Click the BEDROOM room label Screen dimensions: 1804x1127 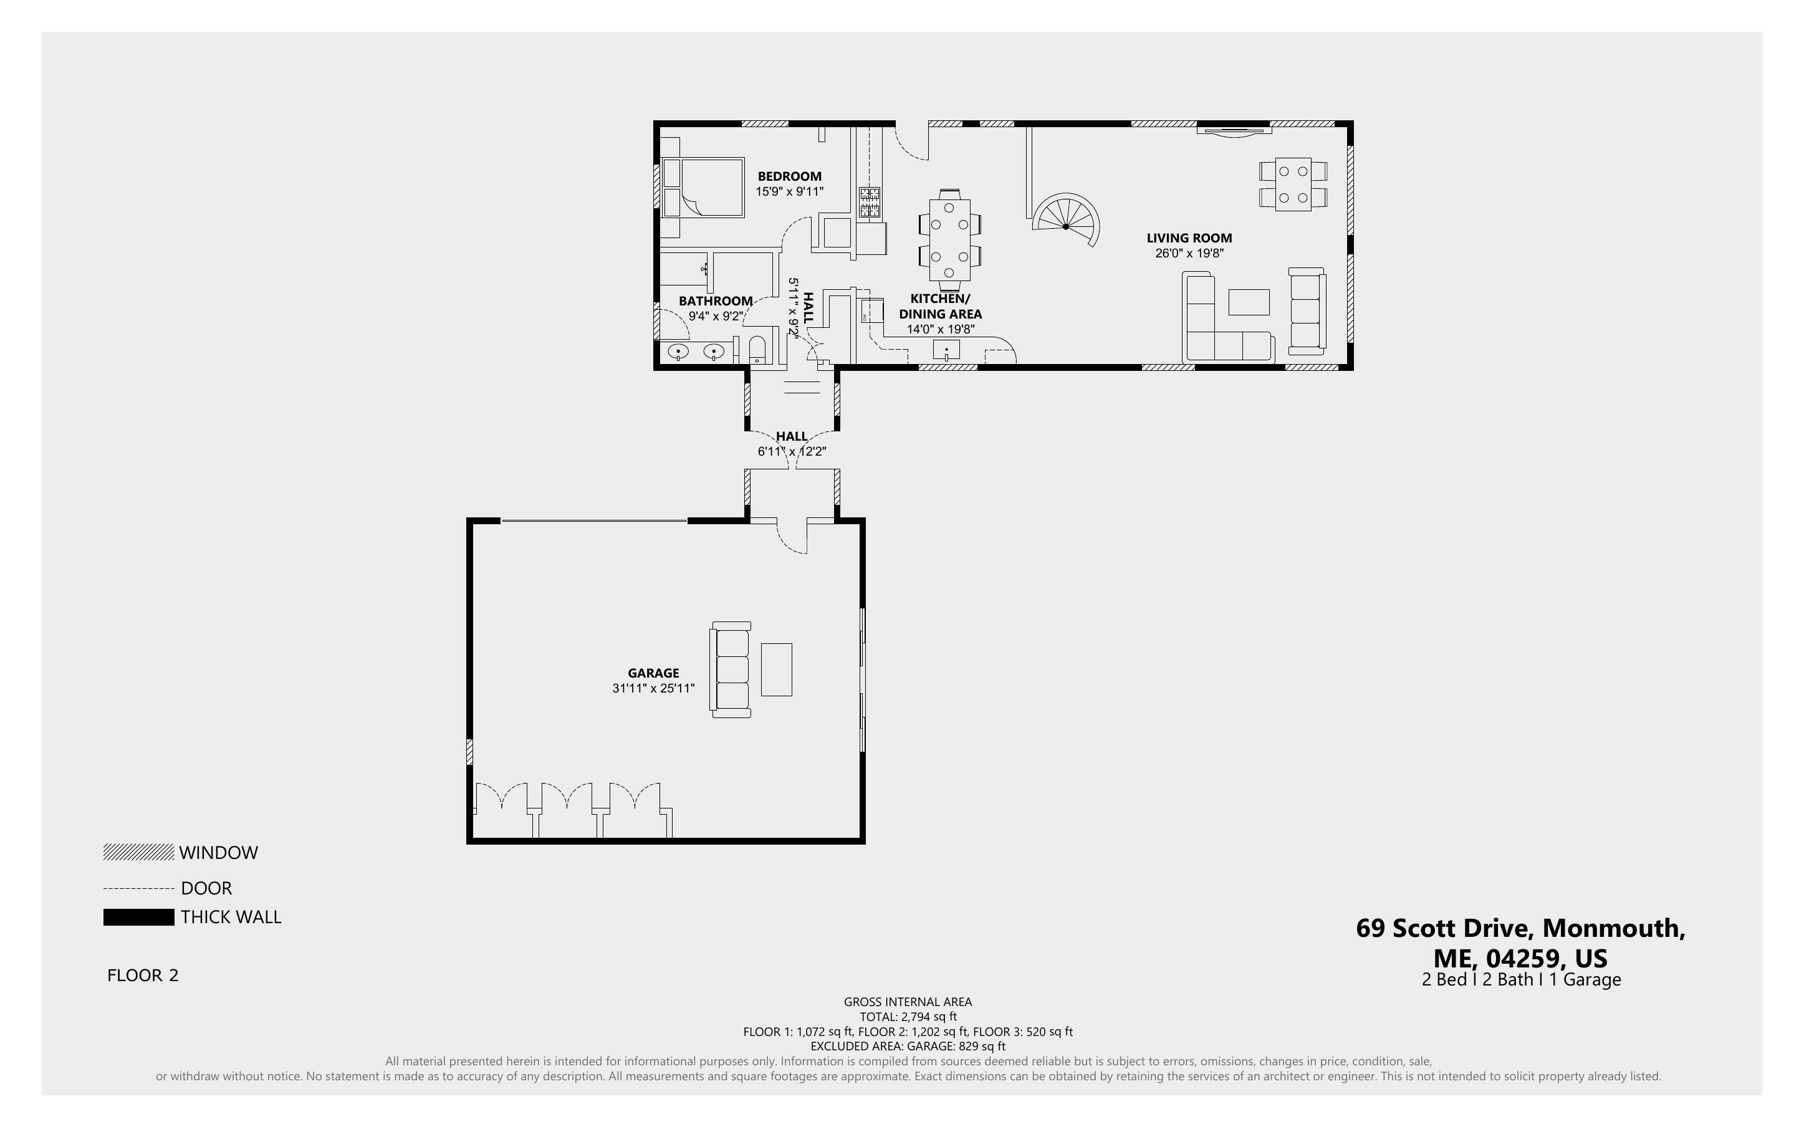(789, 176)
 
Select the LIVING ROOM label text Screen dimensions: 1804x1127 (1189, 239)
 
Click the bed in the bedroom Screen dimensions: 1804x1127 (703, 187)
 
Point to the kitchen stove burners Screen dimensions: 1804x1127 (870, 202)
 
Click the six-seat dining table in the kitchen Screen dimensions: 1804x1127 (949, 239)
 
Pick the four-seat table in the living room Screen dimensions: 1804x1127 (1293, 184)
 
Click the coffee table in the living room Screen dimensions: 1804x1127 (1249, 302)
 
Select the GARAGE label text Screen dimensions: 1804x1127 (653, 673)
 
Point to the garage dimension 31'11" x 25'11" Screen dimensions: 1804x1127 (653, 689)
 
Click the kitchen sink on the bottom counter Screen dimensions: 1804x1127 (946, 350)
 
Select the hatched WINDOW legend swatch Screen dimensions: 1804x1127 (138, 852)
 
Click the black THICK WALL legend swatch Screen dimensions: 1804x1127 (138, 918)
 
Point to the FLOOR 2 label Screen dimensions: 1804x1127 (143, 976)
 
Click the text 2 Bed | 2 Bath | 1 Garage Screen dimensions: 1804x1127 (1521, 979)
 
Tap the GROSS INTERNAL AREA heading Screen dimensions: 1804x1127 (908, 1002)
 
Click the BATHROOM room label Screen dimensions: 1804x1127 (716, 301)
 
